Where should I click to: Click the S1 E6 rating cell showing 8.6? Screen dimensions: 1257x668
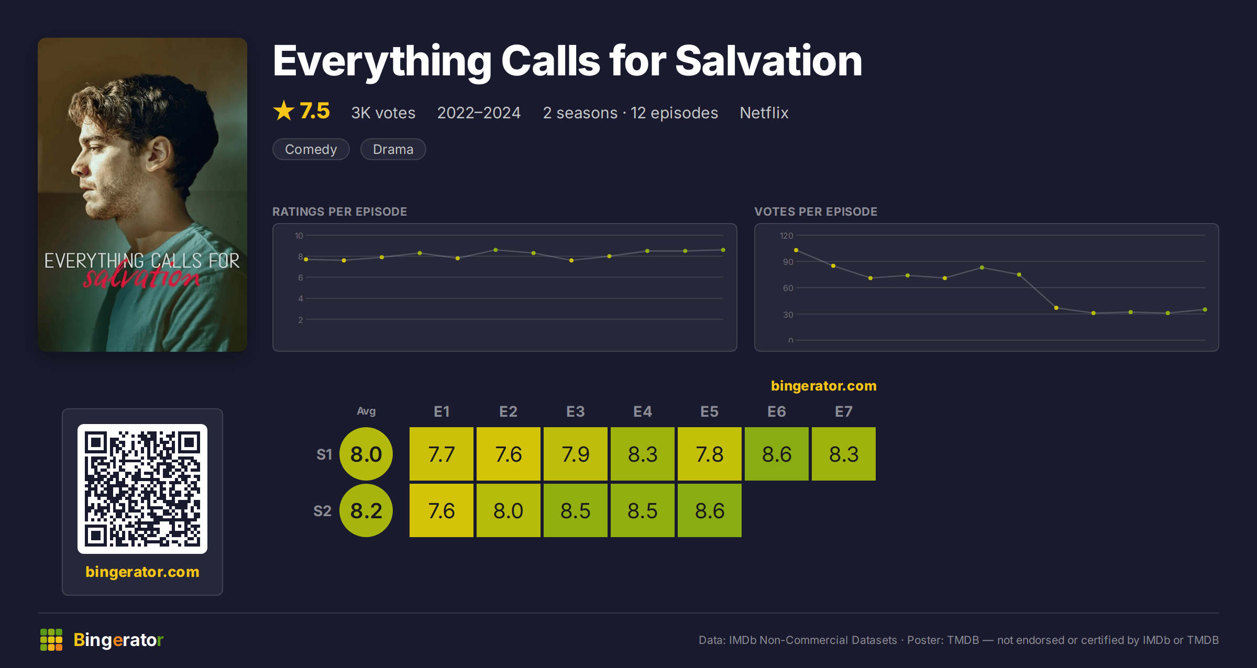click(777, 454)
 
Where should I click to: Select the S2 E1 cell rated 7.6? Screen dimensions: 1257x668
click(442, 510)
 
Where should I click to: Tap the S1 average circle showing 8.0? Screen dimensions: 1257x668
click(366, 454)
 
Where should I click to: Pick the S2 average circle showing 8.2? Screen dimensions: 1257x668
click(366, 510)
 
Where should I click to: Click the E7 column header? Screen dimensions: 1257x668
click(844, 411)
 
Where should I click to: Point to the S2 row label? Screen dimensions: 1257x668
click(323, 511)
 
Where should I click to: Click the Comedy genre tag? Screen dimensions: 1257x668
click(311, 149)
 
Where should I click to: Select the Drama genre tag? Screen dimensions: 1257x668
click(393, 149)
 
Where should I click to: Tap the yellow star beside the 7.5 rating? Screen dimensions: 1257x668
click(284, 110)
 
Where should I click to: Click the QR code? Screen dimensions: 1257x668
click(142, 489)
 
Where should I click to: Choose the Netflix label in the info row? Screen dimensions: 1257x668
click(764, 113)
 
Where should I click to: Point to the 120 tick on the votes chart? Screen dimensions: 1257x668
click(787, 236)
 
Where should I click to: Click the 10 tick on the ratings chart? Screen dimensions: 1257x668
click(299, 236)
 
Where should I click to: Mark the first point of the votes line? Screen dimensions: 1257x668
click(796, 250)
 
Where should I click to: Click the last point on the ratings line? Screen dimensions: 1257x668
click(723, 250)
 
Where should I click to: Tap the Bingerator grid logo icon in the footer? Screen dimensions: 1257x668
click(51, 640)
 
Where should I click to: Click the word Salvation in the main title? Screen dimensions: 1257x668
click(769, 61)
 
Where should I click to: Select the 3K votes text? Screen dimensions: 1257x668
click(383, 113)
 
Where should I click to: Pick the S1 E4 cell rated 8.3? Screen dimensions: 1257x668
click(643, 454)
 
